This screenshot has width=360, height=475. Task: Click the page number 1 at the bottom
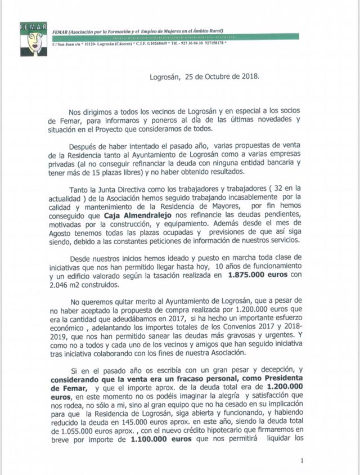(302, 461)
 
